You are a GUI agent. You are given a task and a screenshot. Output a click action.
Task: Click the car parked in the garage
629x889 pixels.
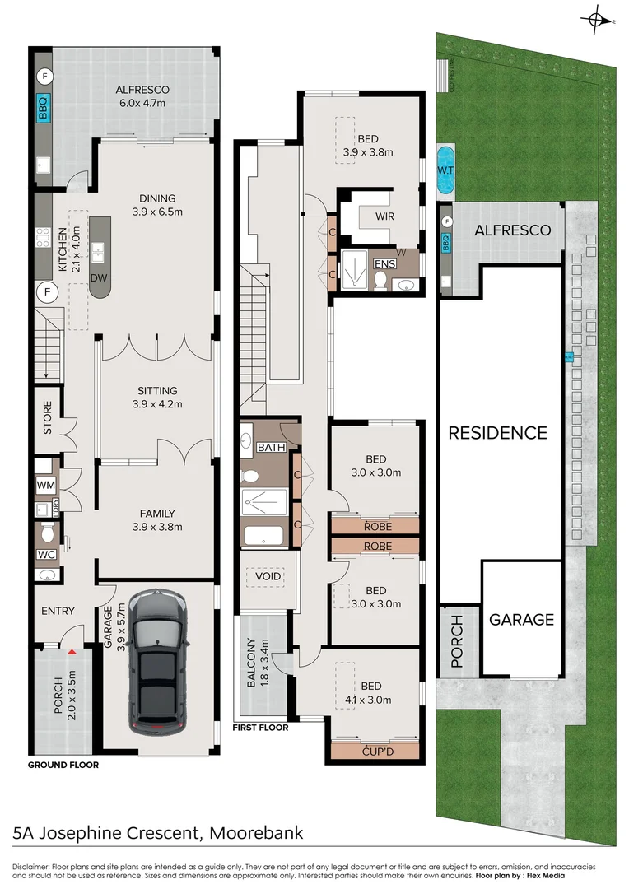(157, 662)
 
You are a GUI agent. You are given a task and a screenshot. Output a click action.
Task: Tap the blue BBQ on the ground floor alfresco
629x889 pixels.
(43, 108)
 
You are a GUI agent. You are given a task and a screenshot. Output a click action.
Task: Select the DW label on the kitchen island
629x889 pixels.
(99, 278)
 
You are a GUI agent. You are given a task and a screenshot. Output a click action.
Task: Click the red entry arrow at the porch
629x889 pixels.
(72, 653)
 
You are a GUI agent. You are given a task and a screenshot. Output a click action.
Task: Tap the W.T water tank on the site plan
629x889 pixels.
(445, 170)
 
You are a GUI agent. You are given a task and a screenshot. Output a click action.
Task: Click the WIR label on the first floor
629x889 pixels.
(384, 216)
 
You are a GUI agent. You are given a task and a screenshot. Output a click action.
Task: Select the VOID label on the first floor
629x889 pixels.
(268, 576)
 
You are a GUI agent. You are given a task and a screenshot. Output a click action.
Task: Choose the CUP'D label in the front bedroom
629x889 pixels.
(378, 752)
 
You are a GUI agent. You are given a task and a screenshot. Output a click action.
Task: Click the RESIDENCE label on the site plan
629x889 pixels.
(498, 433)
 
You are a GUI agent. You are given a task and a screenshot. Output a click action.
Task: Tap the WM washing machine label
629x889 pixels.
(46, 486)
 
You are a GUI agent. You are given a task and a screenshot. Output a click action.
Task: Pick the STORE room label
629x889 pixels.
(47, 418)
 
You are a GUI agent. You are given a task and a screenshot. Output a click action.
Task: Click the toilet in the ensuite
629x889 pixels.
(380, 280)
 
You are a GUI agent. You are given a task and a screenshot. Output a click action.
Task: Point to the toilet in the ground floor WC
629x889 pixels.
(48, 533)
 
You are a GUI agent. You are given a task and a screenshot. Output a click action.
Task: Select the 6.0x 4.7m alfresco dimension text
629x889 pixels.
(142, 103)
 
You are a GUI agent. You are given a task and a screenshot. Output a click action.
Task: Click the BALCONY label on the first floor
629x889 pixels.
(251, 663)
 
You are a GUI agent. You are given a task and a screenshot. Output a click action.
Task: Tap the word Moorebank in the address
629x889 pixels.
(256, 833)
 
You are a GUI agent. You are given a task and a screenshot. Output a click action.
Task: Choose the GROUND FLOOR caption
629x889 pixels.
(63, 765)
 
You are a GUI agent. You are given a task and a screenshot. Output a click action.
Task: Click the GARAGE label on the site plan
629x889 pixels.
(522, 620)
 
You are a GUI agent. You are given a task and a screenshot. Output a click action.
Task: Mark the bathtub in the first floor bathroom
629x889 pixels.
(263, 535)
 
